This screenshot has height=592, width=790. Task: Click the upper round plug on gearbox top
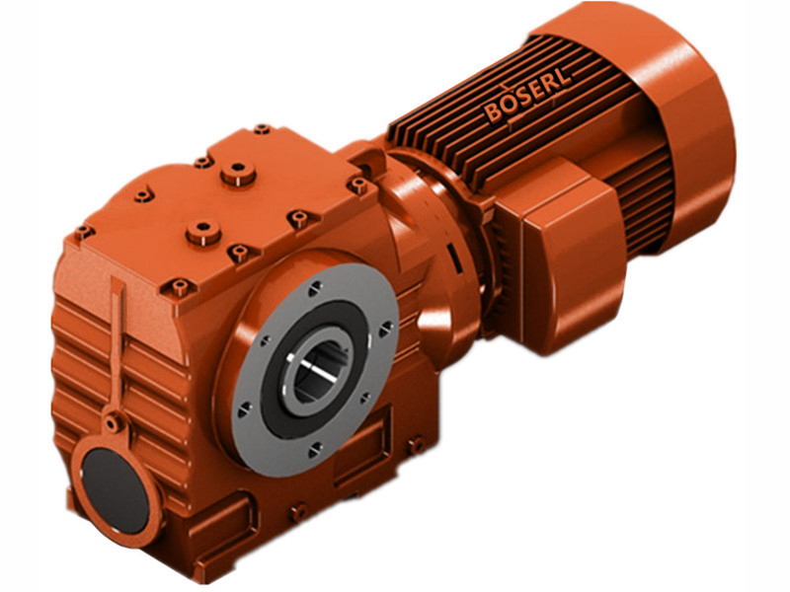[238, 176]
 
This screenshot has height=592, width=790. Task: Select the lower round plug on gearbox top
[203, 233]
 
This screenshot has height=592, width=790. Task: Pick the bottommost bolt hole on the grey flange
[314, 450]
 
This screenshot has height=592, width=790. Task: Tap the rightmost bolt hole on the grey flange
[387, 326]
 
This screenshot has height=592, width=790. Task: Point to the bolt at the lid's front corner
[179, 288]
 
